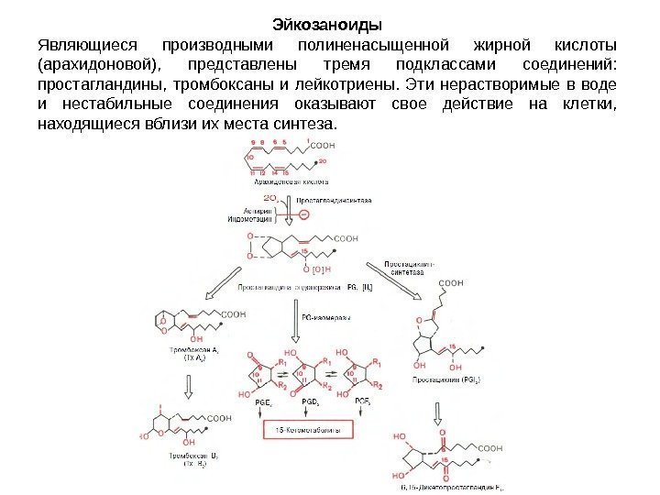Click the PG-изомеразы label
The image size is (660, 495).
pyautogui.click(x=326, y=316)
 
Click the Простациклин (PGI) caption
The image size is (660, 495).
pyautogui.click(x=445, y=378)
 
